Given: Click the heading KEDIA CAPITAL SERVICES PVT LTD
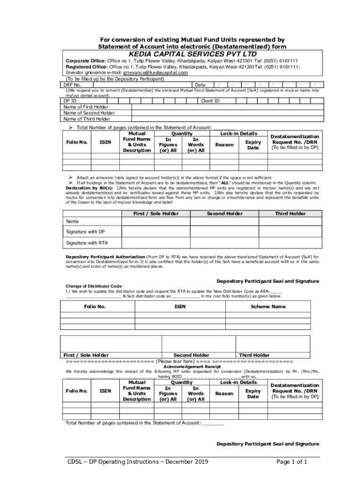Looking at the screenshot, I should coord(191,54).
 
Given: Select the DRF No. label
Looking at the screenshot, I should coord(73,85).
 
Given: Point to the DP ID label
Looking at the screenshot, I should coord(70,101).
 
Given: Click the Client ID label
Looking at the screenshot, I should coord(210,101).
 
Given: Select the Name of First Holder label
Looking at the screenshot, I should coord(86,107).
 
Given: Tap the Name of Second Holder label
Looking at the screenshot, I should coord(89,113).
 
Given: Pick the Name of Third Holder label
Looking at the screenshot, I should coord(87,119).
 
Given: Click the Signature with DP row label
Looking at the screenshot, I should coord(85,232).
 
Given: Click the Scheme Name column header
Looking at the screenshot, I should coord(268,307).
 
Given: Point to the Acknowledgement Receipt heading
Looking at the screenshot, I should coord(192,366).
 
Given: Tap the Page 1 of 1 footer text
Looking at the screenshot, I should coord(292,462).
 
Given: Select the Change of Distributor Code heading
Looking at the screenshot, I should coord(93,286).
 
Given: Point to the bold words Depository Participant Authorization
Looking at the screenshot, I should coord(106,257).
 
